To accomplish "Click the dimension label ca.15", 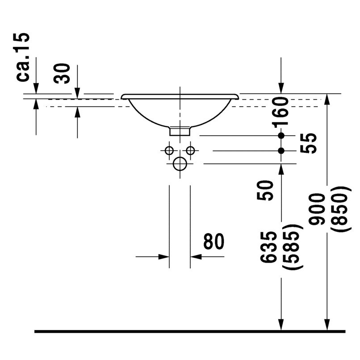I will coord(23,57).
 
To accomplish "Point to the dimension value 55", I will coord(309,143).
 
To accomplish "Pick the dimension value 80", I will coord(213,242).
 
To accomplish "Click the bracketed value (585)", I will coord(293,247).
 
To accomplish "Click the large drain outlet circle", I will coord(180,164).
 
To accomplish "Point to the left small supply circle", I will coord(169,151).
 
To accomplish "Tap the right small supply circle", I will coord(191,151).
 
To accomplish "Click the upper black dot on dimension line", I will coord(281,135).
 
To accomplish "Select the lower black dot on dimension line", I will coord(281,151).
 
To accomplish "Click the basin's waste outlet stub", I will coord(180,130).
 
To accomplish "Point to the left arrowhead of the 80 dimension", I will coord(164,256).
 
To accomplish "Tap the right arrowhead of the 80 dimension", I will coord(195,256).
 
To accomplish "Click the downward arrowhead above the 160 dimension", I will coord(281,89).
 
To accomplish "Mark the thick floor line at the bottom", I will coord(190,331).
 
